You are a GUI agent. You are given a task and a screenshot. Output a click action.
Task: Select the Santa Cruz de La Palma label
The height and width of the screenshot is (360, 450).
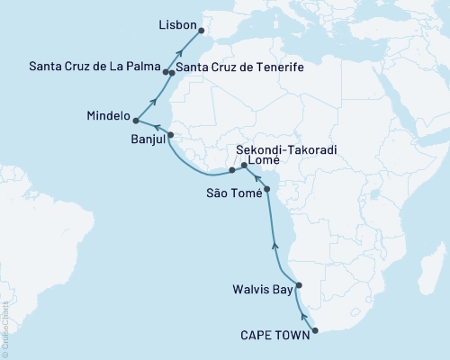point(94,67)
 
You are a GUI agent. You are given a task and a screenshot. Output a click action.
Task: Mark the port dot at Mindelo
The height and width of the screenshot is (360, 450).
point(136,120)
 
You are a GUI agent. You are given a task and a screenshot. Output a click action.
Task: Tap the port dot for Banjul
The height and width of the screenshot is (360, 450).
point(171,135)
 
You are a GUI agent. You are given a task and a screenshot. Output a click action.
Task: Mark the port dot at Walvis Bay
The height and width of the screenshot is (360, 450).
point(300,285)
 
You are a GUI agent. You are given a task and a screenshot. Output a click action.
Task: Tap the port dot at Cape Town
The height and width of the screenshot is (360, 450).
point(315,330)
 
